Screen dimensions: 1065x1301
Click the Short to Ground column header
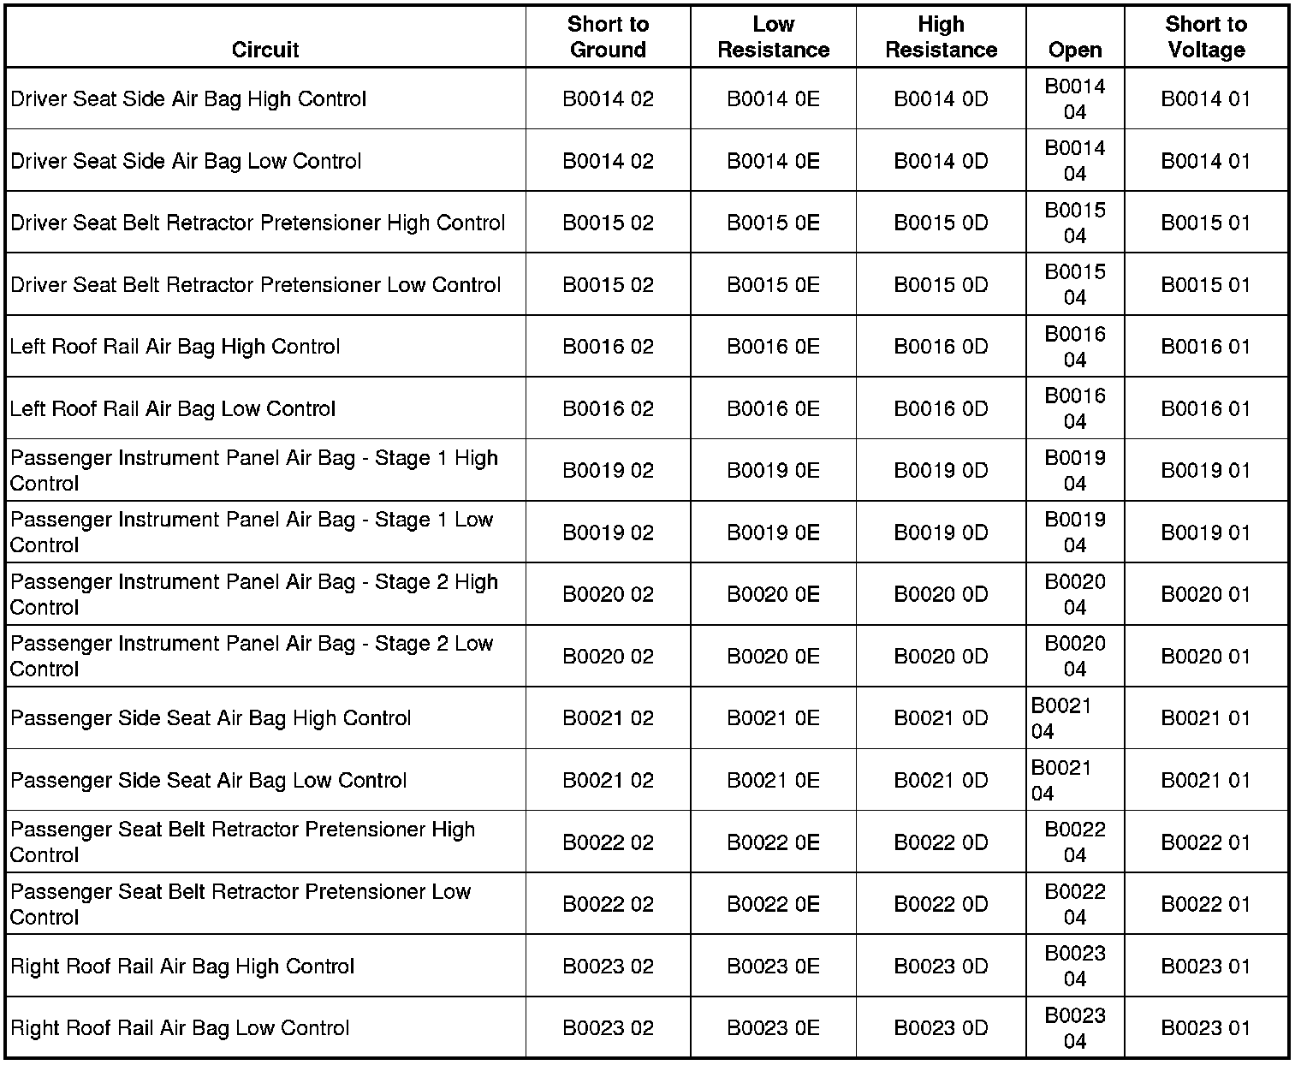[608, 37]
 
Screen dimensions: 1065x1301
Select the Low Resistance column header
[773, 37]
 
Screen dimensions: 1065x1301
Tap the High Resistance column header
[941, 37]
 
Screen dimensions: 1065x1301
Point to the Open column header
[1074, 50]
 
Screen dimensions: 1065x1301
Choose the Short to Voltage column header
[1205, 37]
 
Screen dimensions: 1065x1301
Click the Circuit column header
[265, 50]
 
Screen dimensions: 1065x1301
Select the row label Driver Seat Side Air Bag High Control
[188, 99]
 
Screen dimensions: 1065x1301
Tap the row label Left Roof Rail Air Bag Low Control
[173, 409]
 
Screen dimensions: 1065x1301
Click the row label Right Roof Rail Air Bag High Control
[182, 967]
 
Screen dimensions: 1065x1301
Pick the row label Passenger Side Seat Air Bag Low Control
[209, 781]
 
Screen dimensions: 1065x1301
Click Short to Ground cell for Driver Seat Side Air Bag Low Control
[608, 161]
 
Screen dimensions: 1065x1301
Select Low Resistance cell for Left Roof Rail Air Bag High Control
[773, 347]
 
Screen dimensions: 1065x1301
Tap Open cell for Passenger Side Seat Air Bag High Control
[1061, 718]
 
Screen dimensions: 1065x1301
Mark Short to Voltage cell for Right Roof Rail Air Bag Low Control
[1205, 1028]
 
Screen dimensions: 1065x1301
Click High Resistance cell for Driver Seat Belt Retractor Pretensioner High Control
[941, 223]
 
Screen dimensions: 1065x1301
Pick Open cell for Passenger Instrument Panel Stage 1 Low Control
[1074, 532]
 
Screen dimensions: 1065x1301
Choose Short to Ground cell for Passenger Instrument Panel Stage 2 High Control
[608, 594]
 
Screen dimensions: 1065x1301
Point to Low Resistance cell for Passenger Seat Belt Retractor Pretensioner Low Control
[773, 904]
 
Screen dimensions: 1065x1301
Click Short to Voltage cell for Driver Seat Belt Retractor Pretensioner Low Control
[1205, 285]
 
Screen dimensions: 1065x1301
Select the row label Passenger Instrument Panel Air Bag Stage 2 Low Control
[252, 656]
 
